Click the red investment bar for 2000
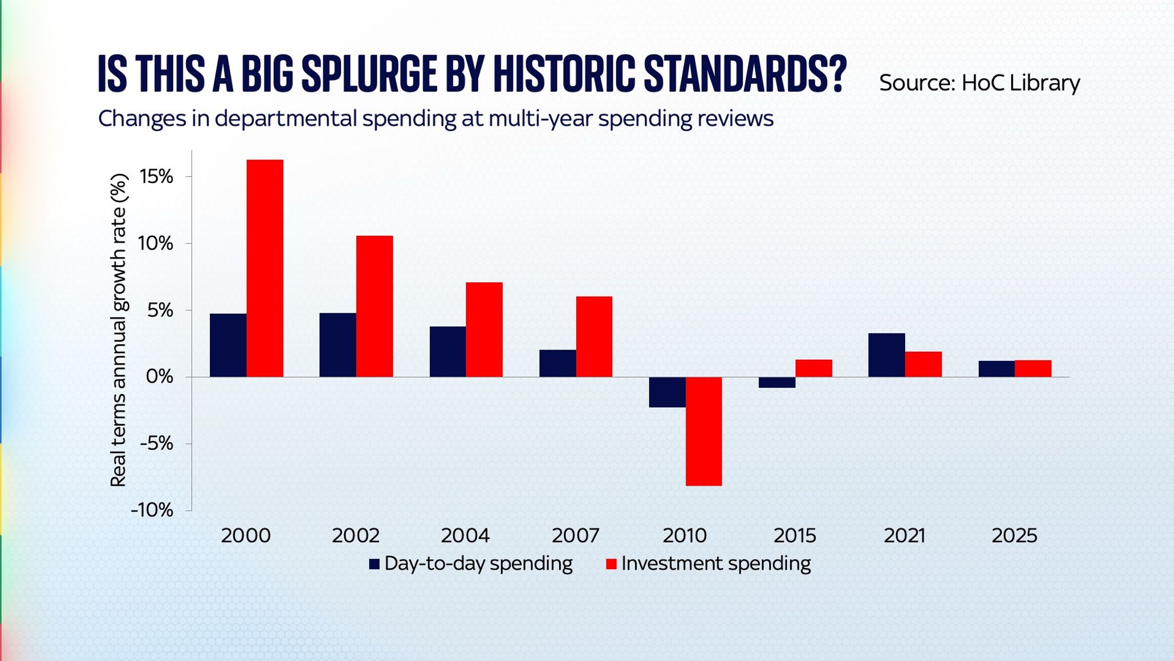[x=265, y=268]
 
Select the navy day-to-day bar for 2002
[x=338, y=345]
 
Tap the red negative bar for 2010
[x=703, y=431]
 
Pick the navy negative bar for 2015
[x=777, y=383]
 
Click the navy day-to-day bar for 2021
[x=886, y=355]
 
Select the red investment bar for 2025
[x=1033, y=368]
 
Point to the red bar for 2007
[x=594, y=337]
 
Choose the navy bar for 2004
[x=448, y=352]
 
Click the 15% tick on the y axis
[x=156, y=177]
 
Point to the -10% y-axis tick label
[x=152, y=510]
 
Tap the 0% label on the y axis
[x=159, y=377]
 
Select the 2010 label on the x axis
[x=684, y=536]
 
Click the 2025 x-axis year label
[x=1014, y=536]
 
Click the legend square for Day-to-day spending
[x=374, y=564]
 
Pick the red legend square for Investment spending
[x=611, y=564]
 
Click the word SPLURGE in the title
[x=369, y=74]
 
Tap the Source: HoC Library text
[x=979, y=83]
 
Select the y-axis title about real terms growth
[x=118, y=330]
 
